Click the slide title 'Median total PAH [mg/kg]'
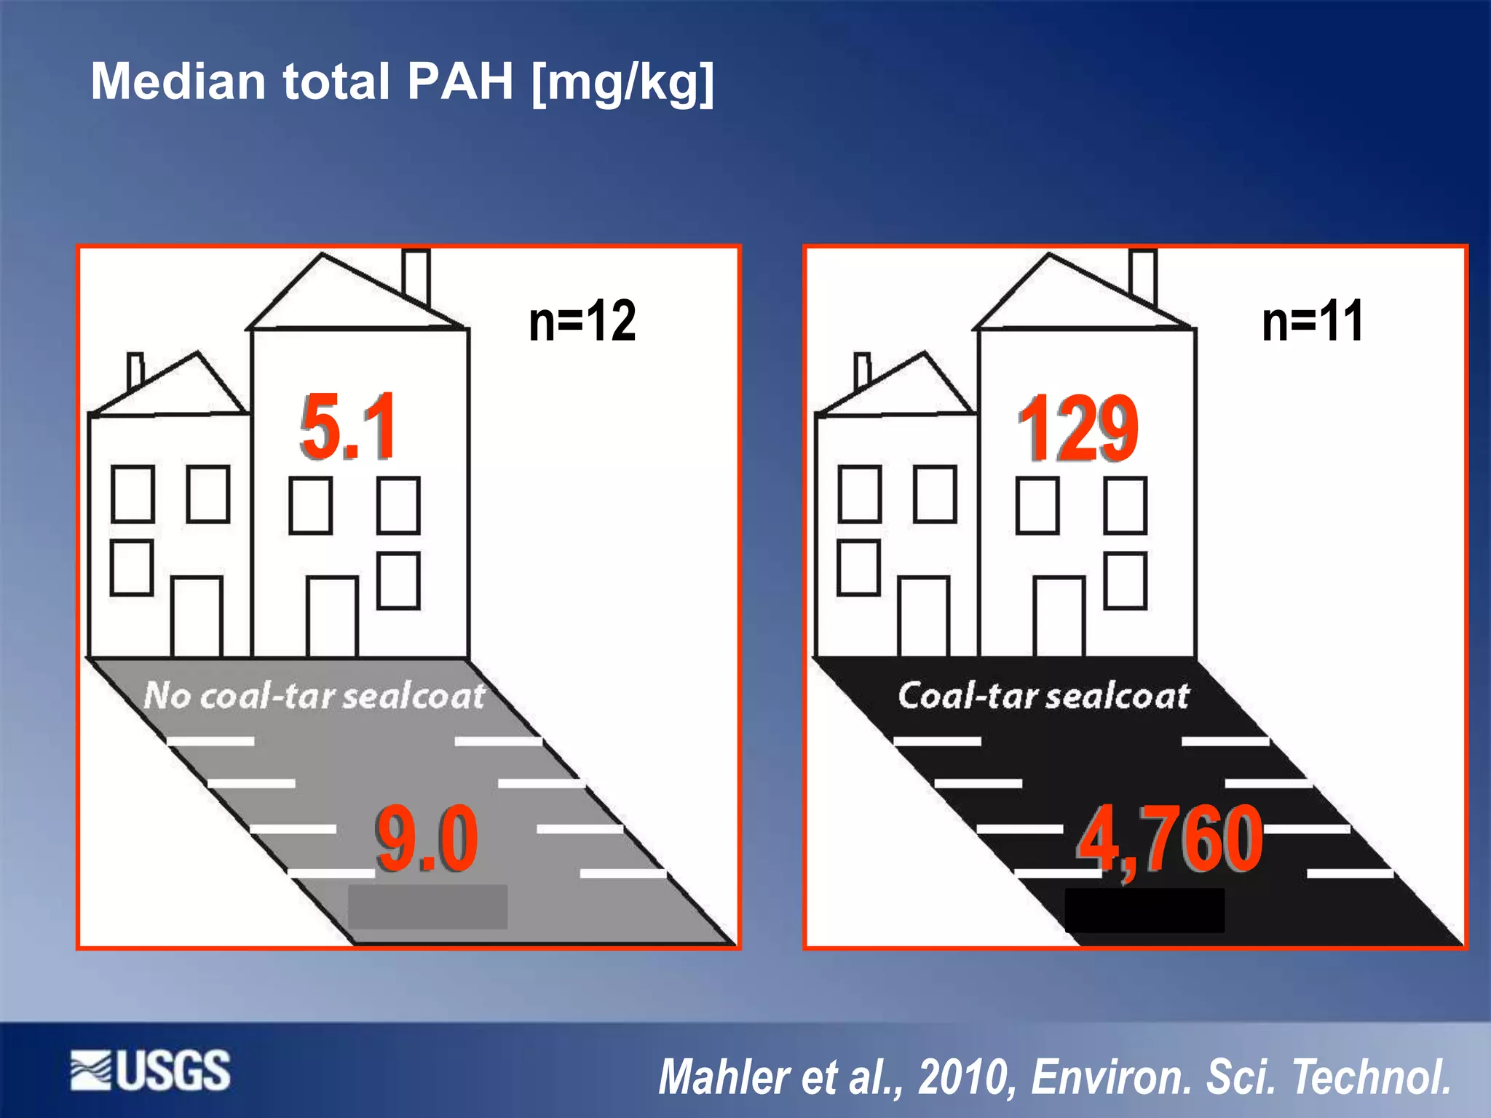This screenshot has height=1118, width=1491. click(402, 82)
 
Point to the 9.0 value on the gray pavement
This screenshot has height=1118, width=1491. click(427, 838)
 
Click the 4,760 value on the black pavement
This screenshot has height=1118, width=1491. click(1170, 840)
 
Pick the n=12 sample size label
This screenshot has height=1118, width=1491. click(582, 321)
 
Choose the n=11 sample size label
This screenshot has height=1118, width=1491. click(1313, 321)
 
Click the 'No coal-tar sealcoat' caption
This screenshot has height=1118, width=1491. click(315, 696)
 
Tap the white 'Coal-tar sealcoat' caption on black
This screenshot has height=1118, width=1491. click(1043, 696)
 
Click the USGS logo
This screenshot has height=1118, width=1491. click(151, 1071)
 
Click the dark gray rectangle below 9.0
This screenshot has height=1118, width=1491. click(427, 907)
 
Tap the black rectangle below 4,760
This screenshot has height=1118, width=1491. click(1144, 910)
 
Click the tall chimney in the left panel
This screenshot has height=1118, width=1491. click(416, 277)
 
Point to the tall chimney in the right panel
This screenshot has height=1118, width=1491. click(1143, 277)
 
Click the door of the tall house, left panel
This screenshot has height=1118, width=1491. click(332, 617)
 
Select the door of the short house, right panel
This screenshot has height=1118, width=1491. click(923, 617)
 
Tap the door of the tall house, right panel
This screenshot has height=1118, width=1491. click(1059, 617)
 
